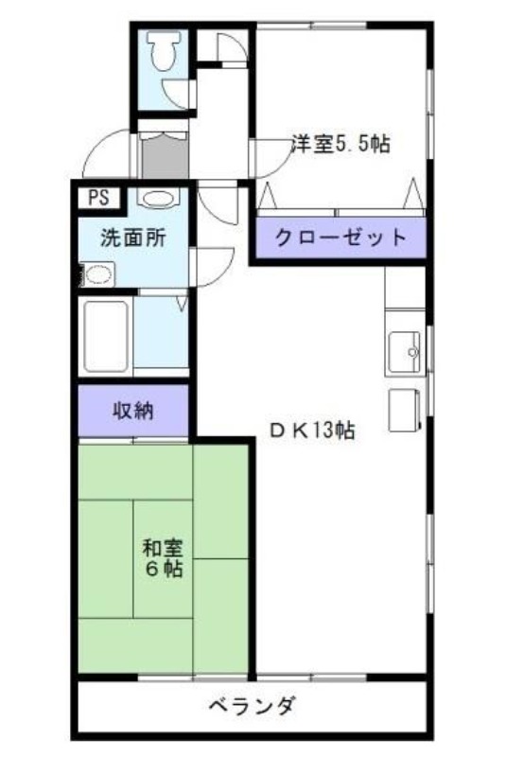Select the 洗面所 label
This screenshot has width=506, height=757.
click(x=133, y=238)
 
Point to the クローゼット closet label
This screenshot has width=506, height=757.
click(x=340, y=238)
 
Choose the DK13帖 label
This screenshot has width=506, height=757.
click(x=311, y=431)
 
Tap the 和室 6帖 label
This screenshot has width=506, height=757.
click(x=163, y=557)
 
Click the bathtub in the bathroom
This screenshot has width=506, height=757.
click(x=105, y=336)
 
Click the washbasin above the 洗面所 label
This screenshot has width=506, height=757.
click(x=160, y=200)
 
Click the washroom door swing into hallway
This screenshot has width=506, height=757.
click(x=214, y=260)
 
